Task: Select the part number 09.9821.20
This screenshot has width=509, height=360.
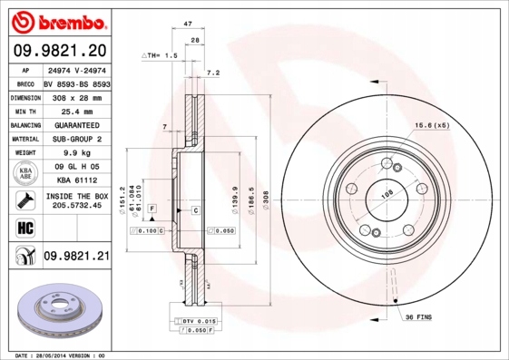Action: click(x=60, y=50)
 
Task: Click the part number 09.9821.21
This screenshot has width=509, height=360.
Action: click(x=76, y=258)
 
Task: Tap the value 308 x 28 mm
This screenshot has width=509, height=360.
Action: click(x=76, y=96)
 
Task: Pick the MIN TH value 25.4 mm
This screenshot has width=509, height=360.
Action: click(x=76, y=111)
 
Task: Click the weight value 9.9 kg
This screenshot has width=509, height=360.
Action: click(x=76, y=154)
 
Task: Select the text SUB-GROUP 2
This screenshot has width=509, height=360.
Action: click(x=76, y=140)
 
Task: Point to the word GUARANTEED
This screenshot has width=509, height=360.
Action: click(x=76, y=125)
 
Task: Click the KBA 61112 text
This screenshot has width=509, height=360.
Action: click(x=76, y=181)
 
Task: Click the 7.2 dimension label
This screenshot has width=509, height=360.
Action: click(x=213, y=72)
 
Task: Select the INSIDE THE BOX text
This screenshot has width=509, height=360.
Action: click(x=76, y=197)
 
